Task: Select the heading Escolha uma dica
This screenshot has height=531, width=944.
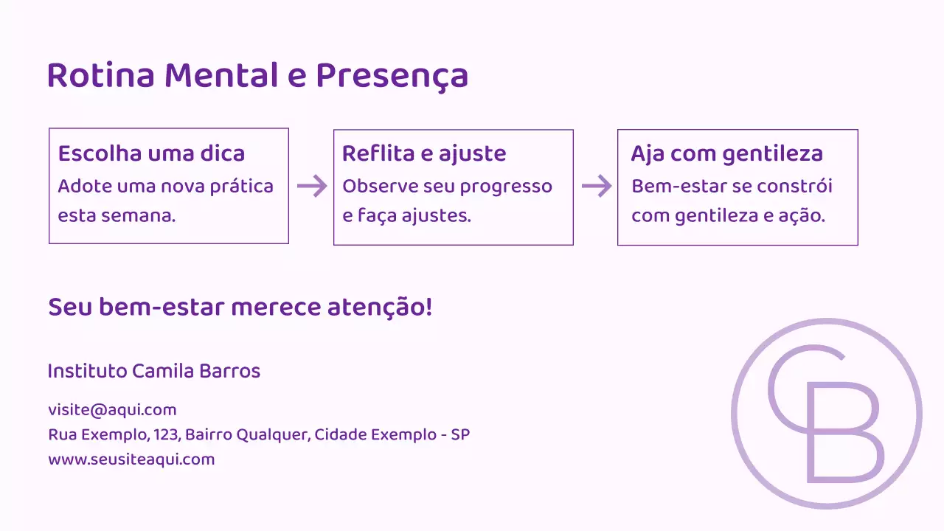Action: click(x=151, y=153)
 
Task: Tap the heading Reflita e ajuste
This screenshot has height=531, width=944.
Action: click(x=424, y=153)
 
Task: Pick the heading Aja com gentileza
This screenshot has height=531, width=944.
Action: click(x=726, y=153)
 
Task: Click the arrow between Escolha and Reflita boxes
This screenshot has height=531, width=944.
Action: click(x=311, y=187)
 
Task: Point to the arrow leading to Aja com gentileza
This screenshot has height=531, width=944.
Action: click(x=596, y=187)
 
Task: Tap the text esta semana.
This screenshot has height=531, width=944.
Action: click(x=117, y=216)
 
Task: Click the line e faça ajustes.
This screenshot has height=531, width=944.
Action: click(x=406, y=216)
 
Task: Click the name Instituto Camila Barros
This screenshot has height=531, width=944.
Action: click(x=153, y=371)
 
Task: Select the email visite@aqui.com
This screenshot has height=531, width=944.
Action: click(x=112, y=410)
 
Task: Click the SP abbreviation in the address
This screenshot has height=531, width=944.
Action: click(x=460, y=434)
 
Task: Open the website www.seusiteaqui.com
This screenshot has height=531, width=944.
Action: click(x=131, y=459)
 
